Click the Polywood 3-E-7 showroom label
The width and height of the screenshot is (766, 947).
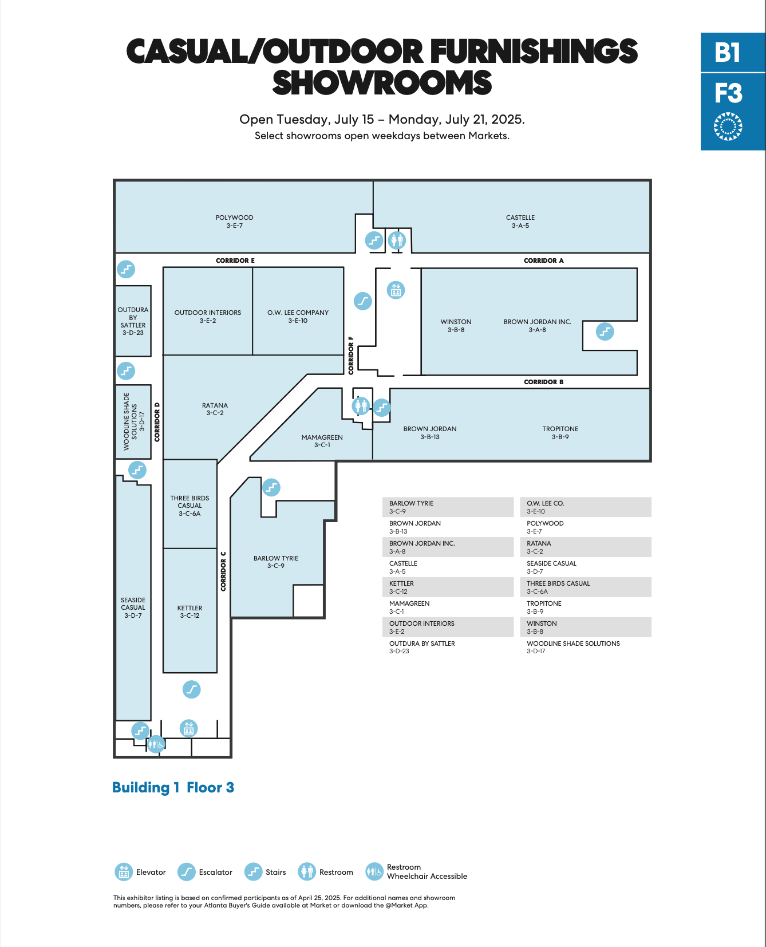234,222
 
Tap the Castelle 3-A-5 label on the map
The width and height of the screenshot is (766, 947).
520,222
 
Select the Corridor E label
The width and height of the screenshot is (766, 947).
235,261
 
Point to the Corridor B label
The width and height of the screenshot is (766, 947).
544,382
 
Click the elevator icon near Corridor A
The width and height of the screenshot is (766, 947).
396,290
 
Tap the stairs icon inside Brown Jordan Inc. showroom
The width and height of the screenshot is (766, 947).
605,331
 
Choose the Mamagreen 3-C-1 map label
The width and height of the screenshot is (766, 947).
322,441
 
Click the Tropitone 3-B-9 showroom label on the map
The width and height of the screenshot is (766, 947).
560,433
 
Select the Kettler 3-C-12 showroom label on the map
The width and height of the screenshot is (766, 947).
189,612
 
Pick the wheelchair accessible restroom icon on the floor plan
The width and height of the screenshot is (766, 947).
156,744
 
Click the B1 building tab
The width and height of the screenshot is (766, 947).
728,52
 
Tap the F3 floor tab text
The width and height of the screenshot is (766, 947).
728,93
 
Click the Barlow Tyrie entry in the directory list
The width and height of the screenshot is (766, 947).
411,507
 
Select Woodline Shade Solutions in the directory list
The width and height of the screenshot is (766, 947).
573,647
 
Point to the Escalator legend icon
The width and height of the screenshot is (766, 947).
187,872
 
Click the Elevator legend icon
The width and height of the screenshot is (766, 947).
124,872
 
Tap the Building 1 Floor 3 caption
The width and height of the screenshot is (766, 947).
173,788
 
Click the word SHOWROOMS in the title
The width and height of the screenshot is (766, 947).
382,83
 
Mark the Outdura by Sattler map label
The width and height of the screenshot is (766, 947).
133,321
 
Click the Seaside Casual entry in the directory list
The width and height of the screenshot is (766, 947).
551,567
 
